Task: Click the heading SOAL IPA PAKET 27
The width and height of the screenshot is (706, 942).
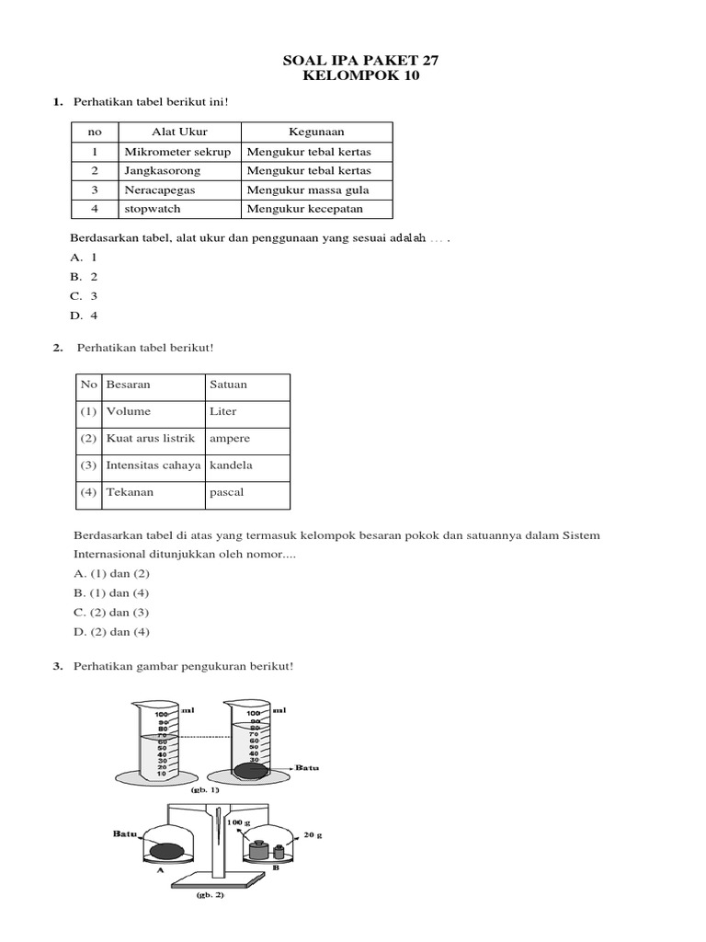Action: (x=360, y=61)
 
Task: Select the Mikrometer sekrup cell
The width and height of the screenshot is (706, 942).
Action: (x=177, y=152)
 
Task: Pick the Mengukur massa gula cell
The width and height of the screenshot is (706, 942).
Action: (x=308, y=190)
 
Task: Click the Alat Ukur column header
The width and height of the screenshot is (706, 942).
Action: (x=178, y=132)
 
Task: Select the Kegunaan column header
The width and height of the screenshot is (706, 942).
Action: (x=316, y=132)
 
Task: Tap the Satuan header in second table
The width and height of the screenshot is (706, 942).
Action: (x=229, y=385)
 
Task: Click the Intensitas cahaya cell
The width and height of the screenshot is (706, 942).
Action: (x=153, y=465)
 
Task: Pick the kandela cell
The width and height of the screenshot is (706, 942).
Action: (x=231, y=465)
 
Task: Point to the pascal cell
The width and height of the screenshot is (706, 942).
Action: (x=227, y=492)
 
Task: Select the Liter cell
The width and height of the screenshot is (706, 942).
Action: (x=223, y=411)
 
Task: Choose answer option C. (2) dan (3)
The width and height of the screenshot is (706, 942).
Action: (x=110, y=613)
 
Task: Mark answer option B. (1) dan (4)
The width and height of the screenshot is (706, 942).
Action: (x=110, y=593)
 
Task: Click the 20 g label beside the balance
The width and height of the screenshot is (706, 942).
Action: (x=313, y=835)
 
